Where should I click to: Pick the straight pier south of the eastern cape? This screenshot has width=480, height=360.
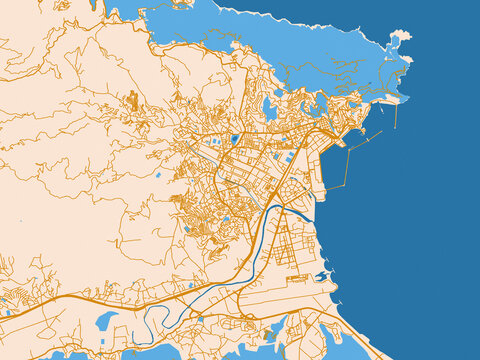click(397, 115)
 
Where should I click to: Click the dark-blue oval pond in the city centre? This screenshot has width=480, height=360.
click(234, 140)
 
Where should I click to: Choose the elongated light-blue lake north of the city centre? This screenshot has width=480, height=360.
click(269, 107)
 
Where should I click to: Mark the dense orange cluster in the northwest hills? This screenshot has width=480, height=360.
click(132, 100)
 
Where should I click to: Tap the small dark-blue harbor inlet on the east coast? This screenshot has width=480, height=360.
click(322, 276)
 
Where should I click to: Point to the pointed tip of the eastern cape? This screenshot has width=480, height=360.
click(408, 98)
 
